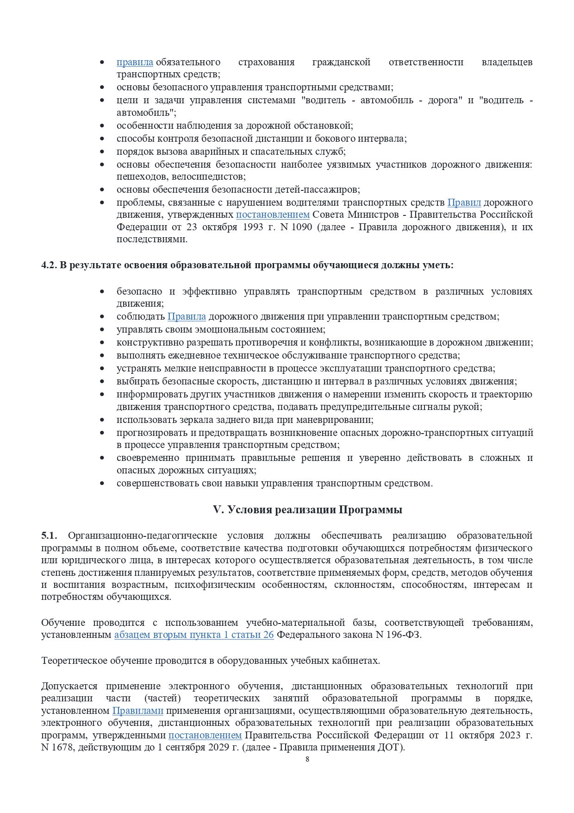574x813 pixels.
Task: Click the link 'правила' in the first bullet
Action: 135,62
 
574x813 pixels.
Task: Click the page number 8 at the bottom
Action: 307,759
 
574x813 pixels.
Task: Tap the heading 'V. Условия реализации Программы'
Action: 307,510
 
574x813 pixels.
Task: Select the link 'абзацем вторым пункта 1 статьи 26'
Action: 194,635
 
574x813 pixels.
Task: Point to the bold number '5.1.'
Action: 49,536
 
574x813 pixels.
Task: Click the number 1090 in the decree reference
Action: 302,227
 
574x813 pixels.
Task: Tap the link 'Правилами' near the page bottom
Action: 138,711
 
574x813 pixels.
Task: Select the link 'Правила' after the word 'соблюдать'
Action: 187,316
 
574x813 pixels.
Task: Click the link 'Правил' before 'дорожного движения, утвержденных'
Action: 464,202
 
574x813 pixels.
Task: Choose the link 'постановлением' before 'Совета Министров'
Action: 273,214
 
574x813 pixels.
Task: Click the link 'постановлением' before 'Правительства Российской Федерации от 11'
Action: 205,735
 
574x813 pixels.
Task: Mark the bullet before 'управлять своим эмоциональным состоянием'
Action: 102,330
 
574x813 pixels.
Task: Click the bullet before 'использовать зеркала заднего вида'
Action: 102,420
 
